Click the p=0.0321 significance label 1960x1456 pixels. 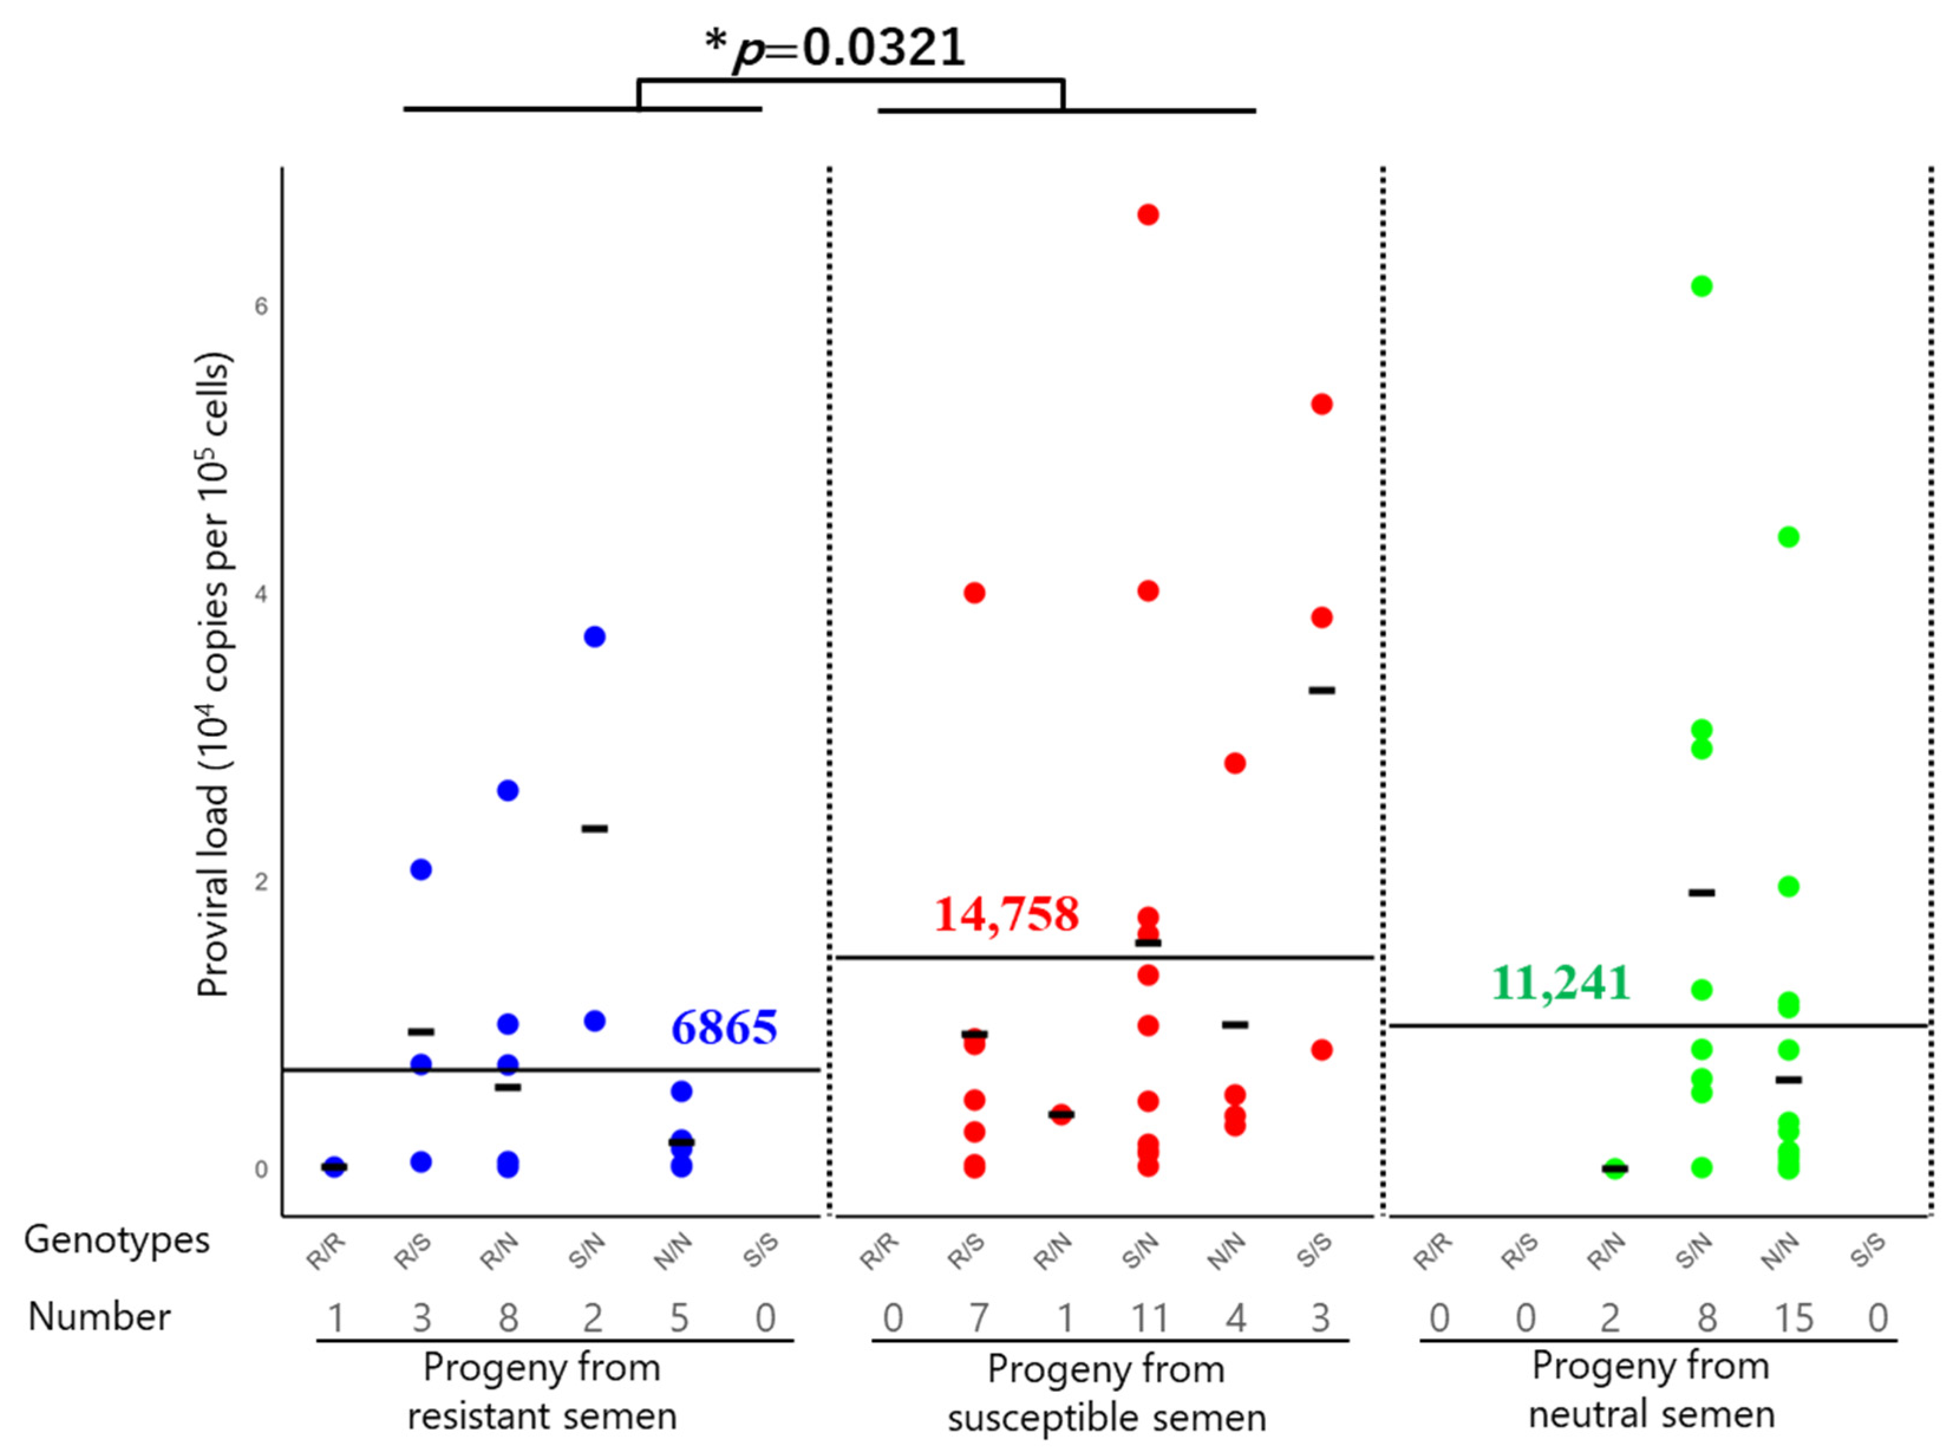(835, 48)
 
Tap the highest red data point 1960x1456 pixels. (1148, 215)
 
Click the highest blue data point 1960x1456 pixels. (595, 637)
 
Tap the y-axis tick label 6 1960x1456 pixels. (261, 306)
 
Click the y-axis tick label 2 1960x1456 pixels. (261, 882)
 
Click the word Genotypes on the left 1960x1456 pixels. (116, 1240)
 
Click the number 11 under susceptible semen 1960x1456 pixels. (1149, 1318)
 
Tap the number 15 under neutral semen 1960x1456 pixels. (1792, 1318)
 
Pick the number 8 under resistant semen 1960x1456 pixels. (508, 1318)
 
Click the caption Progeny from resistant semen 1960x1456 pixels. (541, 1393)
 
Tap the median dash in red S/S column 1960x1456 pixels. (1321, 690)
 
